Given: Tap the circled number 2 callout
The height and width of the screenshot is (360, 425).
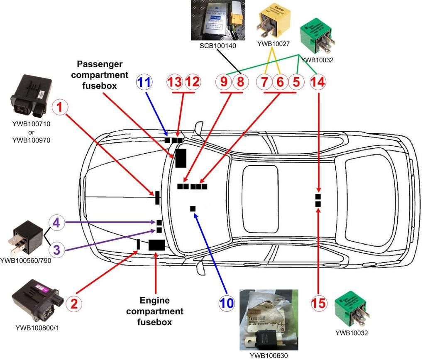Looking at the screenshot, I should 74,303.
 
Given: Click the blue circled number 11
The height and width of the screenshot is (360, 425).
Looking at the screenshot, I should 144,82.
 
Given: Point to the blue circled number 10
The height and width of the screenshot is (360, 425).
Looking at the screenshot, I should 227,303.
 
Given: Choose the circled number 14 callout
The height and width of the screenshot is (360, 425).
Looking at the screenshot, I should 318,82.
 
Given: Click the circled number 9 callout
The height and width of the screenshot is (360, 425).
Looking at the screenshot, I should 224,82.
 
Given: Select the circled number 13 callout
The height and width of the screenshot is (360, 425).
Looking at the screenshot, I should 176,82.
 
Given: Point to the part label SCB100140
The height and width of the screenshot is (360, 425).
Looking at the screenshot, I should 217,46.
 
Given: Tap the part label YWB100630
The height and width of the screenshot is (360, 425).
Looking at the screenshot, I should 269,355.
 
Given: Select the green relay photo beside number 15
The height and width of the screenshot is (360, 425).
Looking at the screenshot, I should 353,309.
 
